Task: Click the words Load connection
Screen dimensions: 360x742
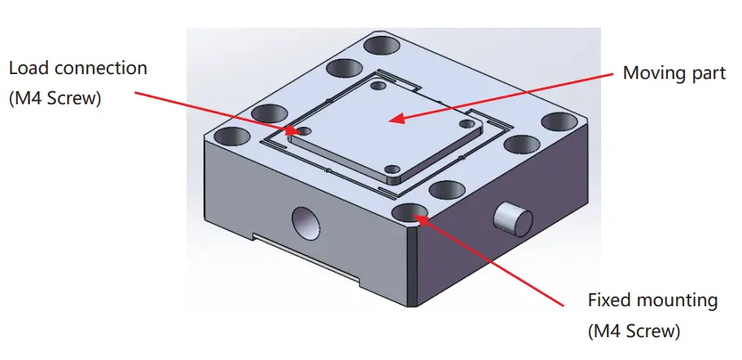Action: [77, 68]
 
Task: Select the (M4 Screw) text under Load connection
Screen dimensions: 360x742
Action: [55, 99]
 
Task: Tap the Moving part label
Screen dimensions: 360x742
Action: [673, 73]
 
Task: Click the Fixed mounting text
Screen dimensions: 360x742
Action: [652, 301]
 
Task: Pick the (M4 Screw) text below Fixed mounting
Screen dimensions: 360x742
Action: [634, 331]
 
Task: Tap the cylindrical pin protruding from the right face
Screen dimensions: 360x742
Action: [512, 218]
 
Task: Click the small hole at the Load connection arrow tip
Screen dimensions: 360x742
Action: [304, 130]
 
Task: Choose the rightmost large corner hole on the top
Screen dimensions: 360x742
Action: [559, 122]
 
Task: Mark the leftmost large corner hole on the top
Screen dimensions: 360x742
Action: [232, 135]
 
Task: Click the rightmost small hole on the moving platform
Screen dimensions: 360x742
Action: [466, 124]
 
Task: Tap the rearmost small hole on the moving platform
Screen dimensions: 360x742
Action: [376, 85]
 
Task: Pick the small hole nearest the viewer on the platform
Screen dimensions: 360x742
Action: [393, 169]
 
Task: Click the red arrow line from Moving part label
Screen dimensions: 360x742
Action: [505, 97]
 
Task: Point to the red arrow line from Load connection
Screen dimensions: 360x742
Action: [212, 112]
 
